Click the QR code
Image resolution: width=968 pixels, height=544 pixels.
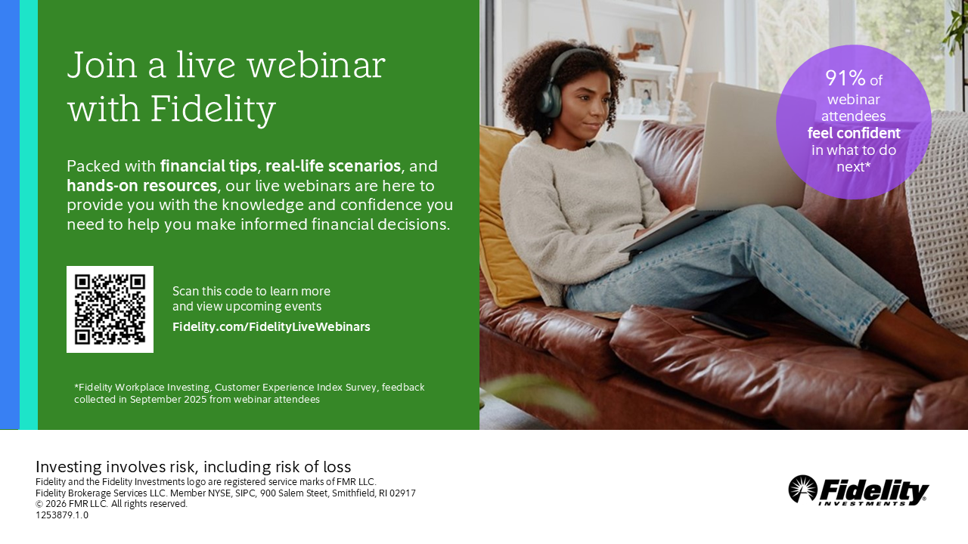(x=110, y=309)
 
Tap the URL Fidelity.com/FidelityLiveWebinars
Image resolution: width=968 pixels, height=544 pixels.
(x=271, y=327)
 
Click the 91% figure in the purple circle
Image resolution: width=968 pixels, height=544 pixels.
(x=845, y=78)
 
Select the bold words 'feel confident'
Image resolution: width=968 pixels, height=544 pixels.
(x=854, y=133)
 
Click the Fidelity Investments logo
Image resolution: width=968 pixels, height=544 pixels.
(x=858, y=490)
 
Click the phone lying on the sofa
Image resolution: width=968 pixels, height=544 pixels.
(x=730, y=326)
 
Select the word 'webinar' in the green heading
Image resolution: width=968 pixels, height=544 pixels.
(x=316, y=65)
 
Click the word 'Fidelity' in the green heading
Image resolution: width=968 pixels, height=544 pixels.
(x=213, y=108)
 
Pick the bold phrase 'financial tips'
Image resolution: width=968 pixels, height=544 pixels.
(x=209, y=165)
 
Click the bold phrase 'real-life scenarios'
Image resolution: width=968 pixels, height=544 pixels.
(x=333, y=165)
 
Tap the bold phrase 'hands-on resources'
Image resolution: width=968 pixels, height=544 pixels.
(x=141, y=186)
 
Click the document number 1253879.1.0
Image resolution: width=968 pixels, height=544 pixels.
(x=62, y=515)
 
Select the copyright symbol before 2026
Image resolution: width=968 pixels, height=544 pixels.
(x=39, y=504)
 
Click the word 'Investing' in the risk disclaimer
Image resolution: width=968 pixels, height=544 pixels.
(x=69, y=467)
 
